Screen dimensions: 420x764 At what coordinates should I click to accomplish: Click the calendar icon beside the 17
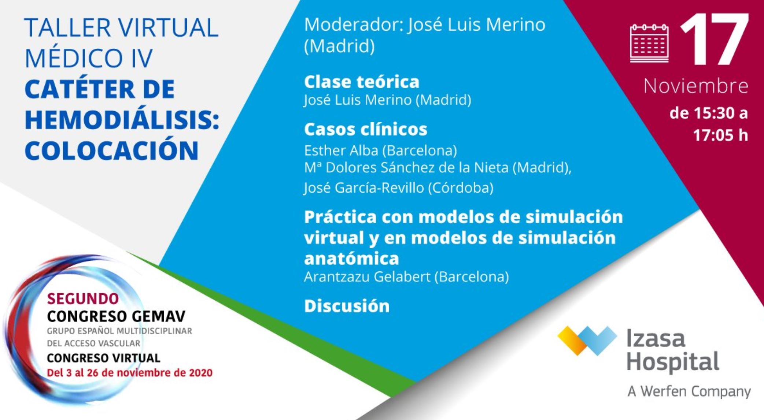pos(649,43)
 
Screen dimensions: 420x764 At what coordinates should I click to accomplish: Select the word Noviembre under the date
pos(695,86)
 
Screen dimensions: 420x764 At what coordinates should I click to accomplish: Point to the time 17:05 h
pos(720,135)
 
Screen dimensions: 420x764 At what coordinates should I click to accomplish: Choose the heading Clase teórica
pos(361,82)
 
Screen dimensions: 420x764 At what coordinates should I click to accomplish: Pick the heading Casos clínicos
pos(365,129)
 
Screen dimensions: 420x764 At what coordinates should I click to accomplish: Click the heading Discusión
pos(347,306)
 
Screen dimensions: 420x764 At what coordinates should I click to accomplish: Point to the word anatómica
pos(351,259)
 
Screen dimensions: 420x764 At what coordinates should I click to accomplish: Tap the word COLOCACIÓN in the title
pos(111,150)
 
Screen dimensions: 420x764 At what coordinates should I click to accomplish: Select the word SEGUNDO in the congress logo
pos(83,299)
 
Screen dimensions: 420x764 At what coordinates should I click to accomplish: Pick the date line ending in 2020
pos(130,373)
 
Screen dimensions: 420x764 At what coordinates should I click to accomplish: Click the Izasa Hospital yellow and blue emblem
pos(587,340)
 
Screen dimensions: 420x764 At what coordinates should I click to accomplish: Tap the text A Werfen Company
pos(689,391)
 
